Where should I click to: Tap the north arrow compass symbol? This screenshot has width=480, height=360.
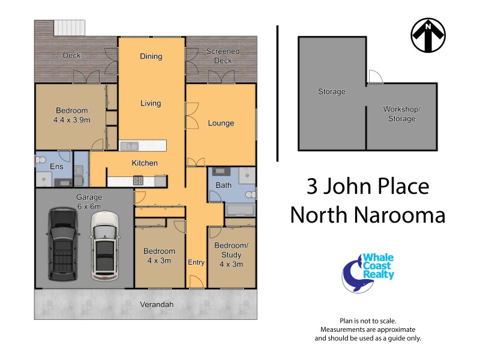click(x=428, y=35)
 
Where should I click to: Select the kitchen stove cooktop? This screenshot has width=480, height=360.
click(x=137, y=180)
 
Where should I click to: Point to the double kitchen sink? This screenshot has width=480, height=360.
click(x=129, y=145)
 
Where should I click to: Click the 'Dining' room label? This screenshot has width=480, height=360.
click(x=151, y=56)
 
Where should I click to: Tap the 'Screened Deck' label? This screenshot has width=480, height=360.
click(x=223, y=56)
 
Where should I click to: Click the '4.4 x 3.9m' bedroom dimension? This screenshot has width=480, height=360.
click(x=72, y=120)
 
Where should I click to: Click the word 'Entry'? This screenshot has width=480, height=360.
click(x=196, y=262)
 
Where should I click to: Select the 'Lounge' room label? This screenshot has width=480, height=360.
click(x=221, y=124)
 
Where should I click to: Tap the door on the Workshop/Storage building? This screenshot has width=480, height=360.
click(x=374, y=76)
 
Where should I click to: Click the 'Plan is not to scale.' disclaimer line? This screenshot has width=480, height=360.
click(x=368, y=321)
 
